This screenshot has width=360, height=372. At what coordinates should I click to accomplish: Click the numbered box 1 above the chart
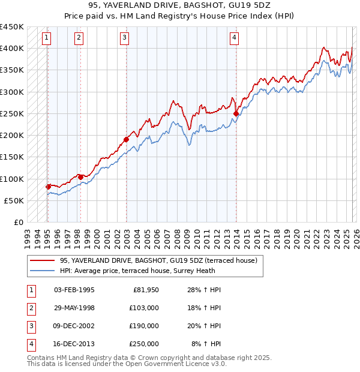[47, 38]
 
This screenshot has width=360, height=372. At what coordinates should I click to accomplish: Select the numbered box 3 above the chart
[124, 38]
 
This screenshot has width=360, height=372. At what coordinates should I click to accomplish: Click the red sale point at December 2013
[236, 113]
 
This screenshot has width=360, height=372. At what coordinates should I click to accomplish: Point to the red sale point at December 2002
[127, 139]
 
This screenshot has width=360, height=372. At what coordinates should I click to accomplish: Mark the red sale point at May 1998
[80, 177]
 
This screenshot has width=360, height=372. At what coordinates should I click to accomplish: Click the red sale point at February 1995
[48, 187]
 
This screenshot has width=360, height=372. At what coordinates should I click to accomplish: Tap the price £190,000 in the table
[143, 326]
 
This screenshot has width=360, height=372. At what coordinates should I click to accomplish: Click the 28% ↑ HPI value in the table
[206, 290]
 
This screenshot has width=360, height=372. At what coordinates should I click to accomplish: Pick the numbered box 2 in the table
[31, 308]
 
